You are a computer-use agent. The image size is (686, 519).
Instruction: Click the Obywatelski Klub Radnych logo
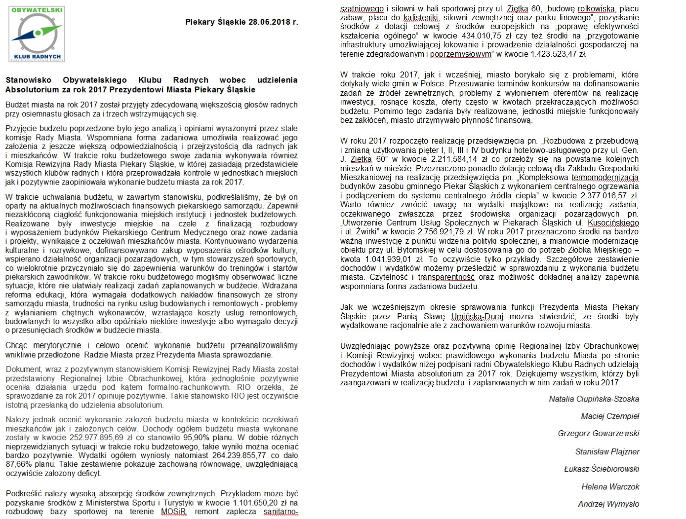(x=37, y=34)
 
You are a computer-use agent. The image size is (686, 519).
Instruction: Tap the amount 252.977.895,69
(x=97, y=438)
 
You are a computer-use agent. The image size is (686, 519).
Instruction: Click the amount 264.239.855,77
(x=239, y=455)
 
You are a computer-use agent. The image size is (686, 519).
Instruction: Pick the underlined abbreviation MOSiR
(x=174, y=512)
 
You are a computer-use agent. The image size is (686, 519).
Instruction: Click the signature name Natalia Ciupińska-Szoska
(x=594, y=399)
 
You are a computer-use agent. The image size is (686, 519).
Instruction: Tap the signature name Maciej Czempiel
(x=610, y=416)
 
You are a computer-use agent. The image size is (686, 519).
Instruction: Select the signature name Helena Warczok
(x=610, y=486)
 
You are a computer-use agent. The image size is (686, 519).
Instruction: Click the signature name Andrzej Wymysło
(x=608, y=504)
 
